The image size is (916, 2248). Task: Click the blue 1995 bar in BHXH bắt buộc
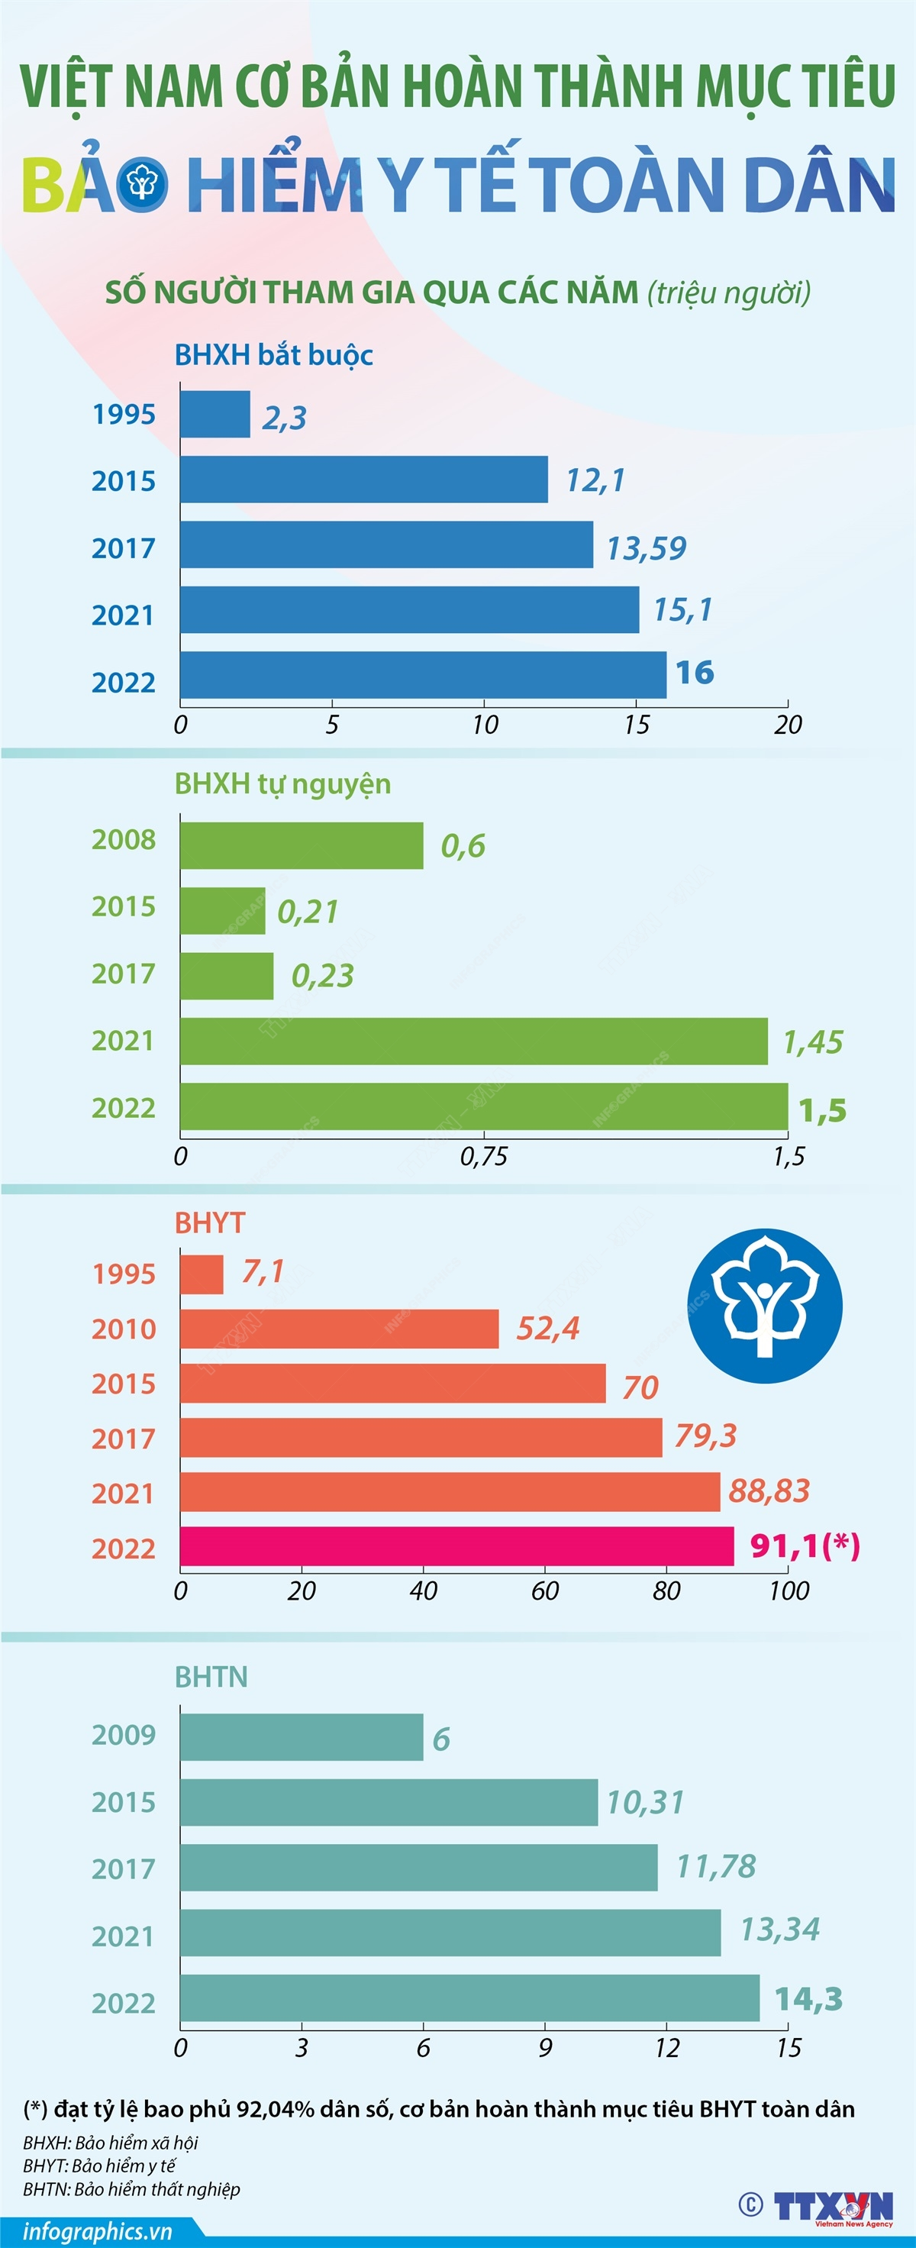click(214, 415)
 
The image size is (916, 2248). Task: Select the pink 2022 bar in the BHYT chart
click(456, 1546)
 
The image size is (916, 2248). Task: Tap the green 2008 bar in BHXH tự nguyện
click(301, 845)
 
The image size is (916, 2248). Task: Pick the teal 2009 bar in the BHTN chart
click(301, 1736)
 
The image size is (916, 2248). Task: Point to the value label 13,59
click(646, 548)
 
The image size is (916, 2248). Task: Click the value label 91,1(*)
click(805, 1545)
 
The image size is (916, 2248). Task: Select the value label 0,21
click(307, 912)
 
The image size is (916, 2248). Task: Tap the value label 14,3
click(808, 1998)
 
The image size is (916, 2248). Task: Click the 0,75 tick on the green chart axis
click(483, 1156)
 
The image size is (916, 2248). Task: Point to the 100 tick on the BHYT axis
click(788, 1591)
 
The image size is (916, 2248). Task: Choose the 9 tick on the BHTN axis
click(544, 2048)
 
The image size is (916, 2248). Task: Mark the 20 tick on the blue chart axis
click(787, 725)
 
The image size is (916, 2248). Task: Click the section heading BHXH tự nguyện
click(282, 783)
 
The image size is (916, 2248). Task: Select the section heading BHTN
click(211, 1676)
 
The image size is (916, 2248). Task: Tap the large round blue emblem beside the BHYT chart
click(764, 1306)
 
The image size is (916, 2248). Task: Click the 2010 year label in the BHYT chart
click(123, 1329)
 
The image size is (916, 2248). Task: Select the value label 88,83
click(769, 1491)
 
